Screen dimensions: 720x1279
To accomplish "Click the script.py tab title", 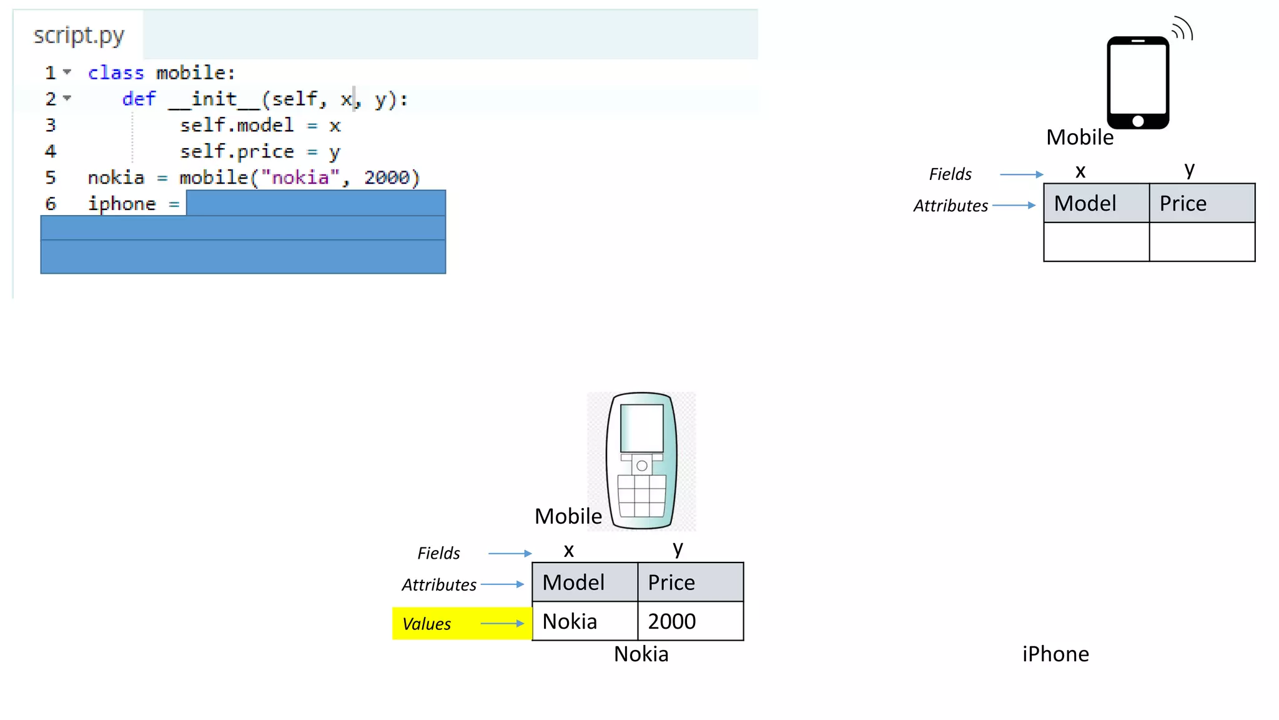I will pos(79,36).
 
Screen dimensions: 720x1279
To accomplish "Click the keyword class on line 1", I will pos(116,73).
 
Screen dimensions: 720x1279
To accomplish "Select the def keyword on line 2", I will pos(139,99).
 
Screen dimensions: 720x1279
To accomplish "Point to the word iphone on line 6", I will pos(122,204).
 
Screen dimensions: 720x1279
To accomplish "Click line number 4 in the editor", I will pos(51,152).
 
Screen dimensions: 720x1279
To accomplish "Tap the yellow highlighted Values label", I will pos(427,624).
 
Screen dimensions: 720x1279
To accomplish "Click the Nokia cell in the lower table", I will pos(570,621).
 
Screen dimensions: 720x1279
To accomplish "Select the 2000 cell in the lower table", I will pos(672,621).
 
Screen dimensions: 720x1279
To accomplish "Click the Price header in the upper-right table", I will pos(1183,204).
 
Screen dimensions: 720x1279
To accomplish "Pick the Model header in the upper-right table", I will pos(1085,204).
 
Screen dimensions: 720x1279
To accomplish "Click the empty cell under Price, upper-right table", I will pos(1202,242).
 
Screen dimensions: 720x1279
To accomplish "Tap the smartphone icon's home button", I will pos(1138,121).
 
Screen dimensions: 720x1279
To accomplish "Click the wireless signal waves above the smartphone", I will pos(1182,29).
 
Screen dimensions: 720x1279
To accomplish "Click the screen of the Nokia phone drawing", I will pos(641,427).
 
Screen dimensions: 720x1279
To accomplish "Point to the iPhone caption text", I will pos(1055,654).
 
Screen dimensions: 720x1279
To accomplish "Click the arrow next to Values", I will pos(502,623).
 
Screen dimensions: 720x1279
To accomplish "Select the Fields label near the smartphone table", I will pos(950,174).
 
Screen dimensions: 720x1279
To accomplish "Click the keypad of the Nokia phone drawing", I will pos(641,496).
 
